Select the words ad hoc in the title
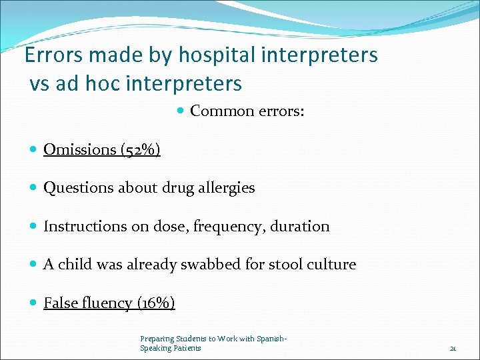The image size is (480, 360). click(x=87, y=83)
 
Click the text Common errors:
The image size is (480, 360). click(x=247, y=111)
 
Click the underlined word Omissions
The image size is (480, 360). click(x=80, y=149)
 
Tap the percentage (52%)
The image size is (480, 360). click(x=141, y=149)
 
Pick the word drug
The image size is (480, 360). click(x=175, y=188)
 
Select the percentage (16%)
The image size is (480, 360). click(x=156, y=303)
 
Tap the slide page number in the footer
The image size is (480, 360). click(x=453, y=348)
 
